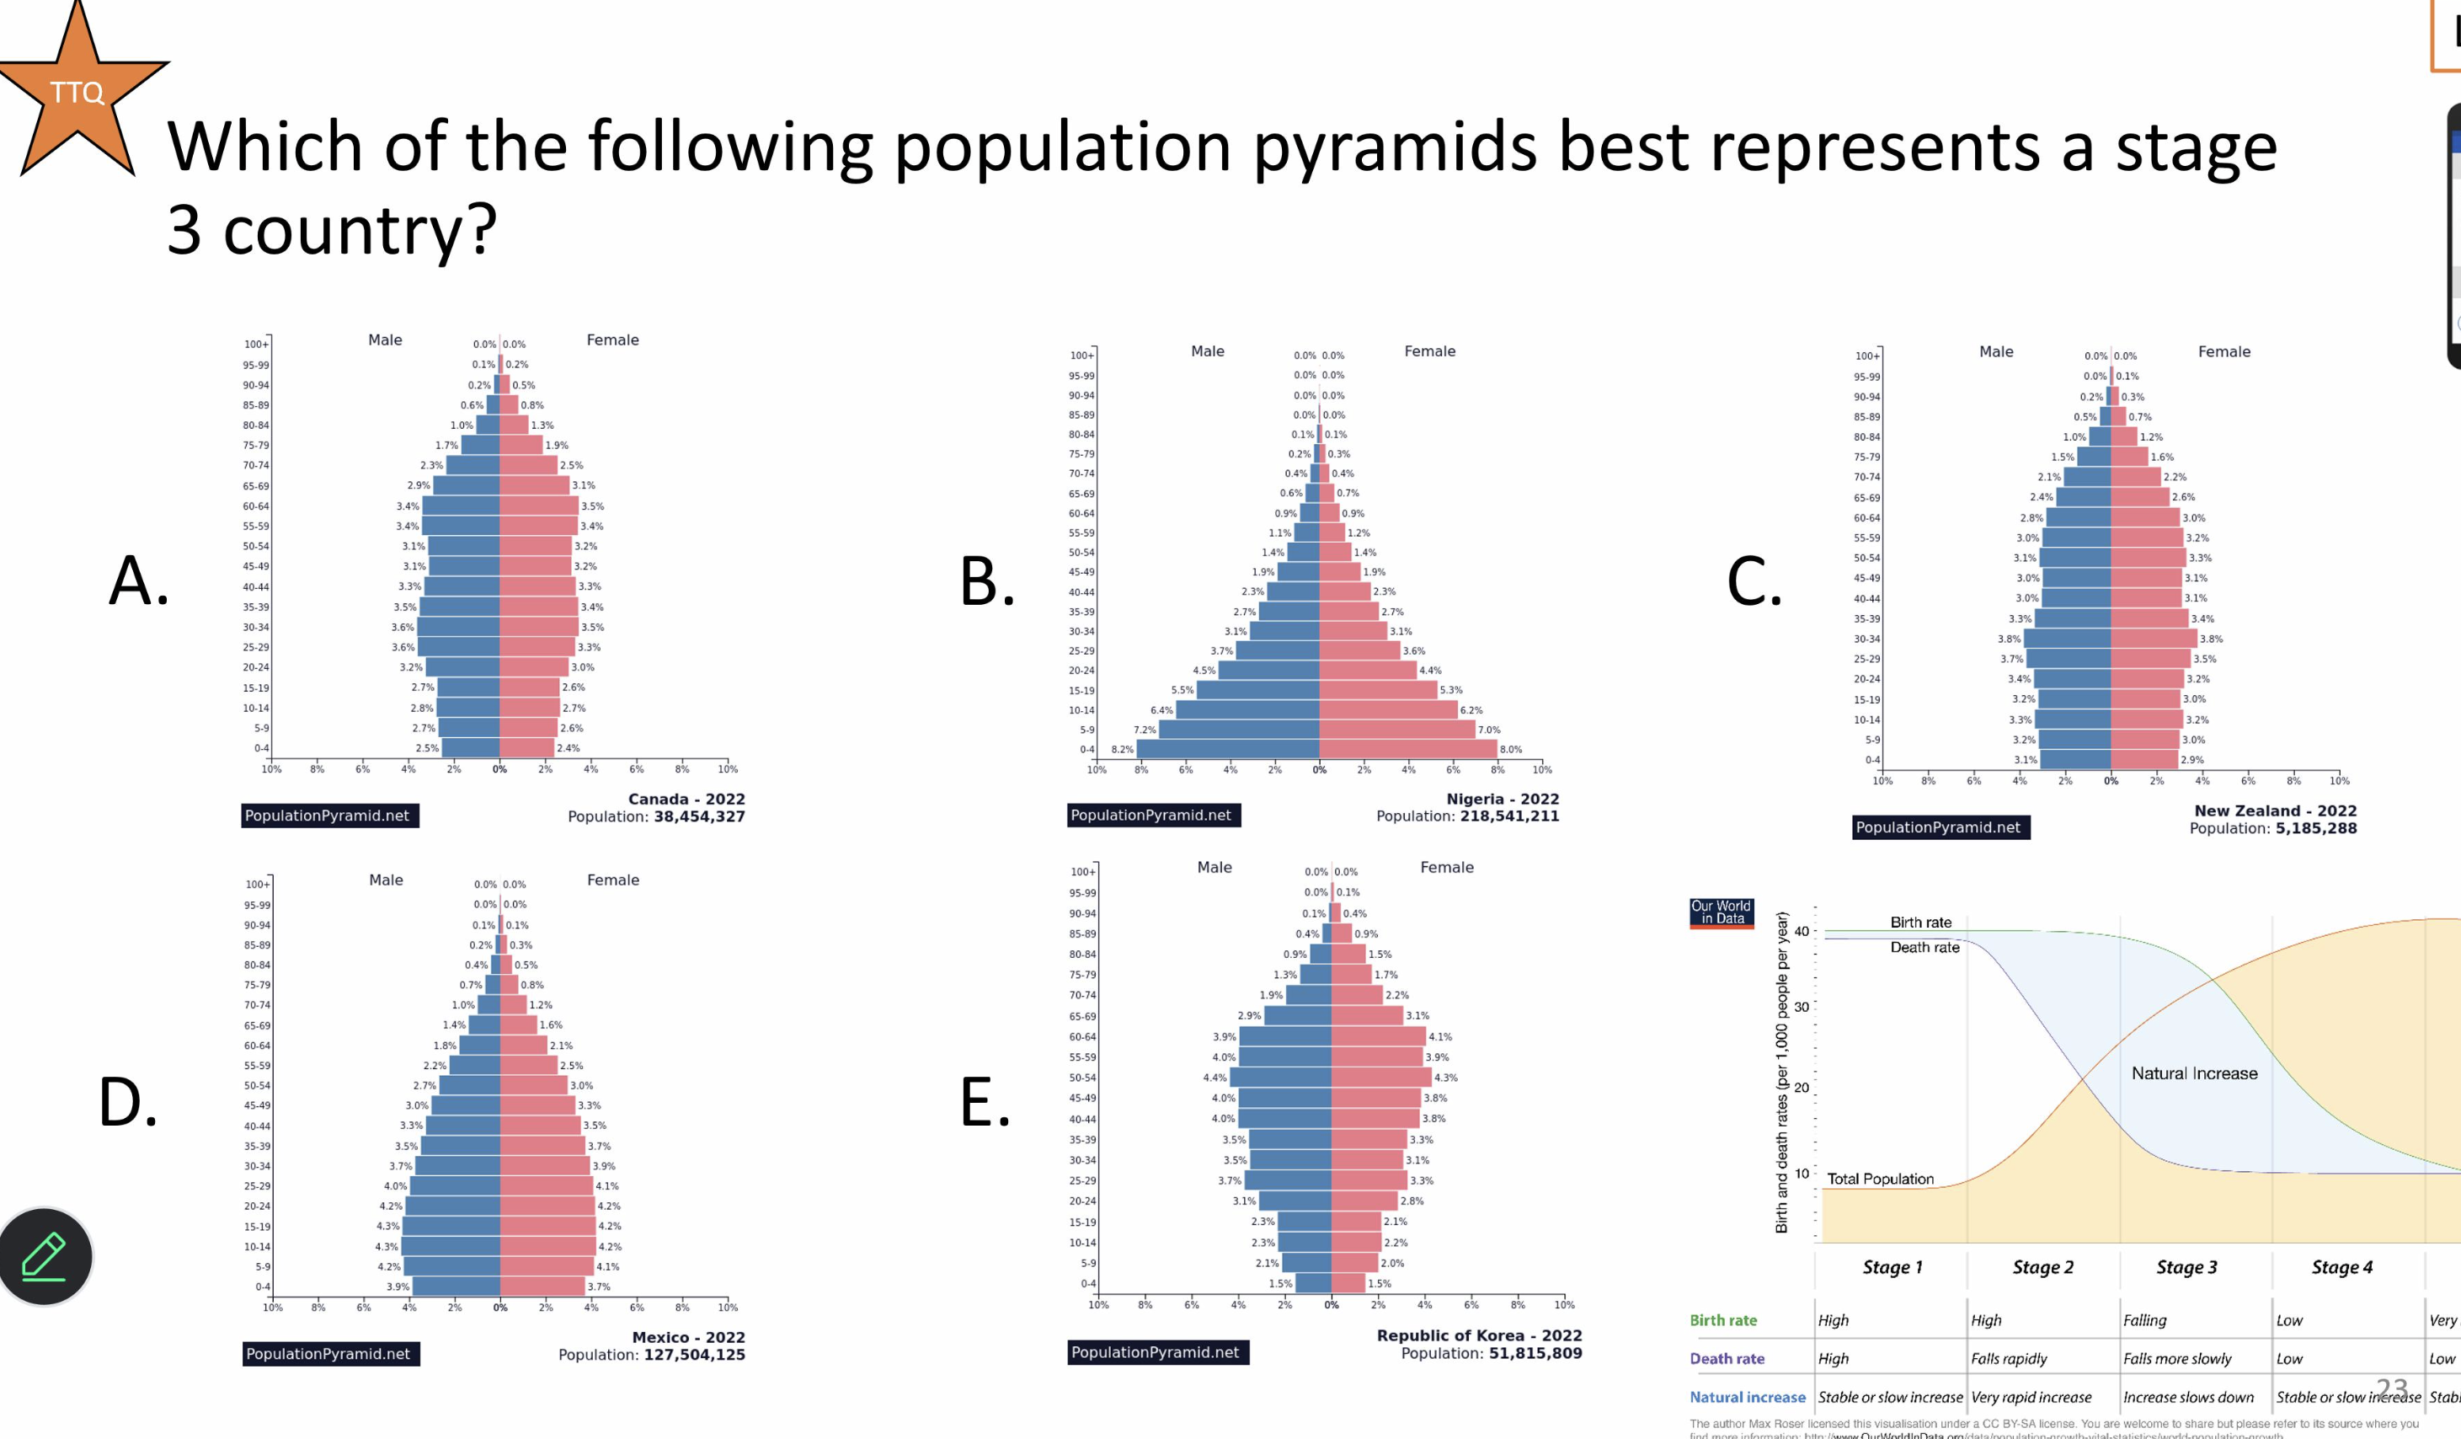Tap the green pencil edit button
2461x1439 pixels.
pos(45,1255)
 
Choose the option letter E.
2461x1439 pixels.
pos(985,1103)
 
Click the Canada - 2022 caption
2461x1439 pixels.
pos(686,800)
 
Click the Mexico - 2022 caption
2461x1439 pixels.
pos(687,1337)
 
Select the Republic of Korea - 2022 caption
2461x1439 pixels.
pos(1479,1335)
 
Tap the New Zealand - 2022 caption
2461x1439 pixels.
pos(2275,810)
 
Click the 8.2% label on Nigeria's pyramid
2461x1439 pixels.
pos(1122,749)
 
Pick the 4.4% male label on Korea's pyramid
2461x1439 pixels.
pos(1214,1078)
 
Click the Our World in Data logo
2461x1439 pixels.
pos(1721,912)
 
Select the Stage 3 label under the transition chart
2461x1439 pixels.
pos(2186,1267)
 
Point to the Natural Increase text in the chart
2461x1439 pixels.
pos(2193,1073)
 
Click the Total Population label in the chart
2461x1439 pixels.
pos(1880,1180)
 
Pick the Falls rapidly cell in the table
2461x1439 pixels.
pos(2008,1359)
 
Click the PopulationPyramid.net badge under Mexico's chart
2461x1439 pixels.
pos(328,1354)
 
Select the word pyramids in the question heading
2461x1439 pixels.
pos(1395,147)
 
